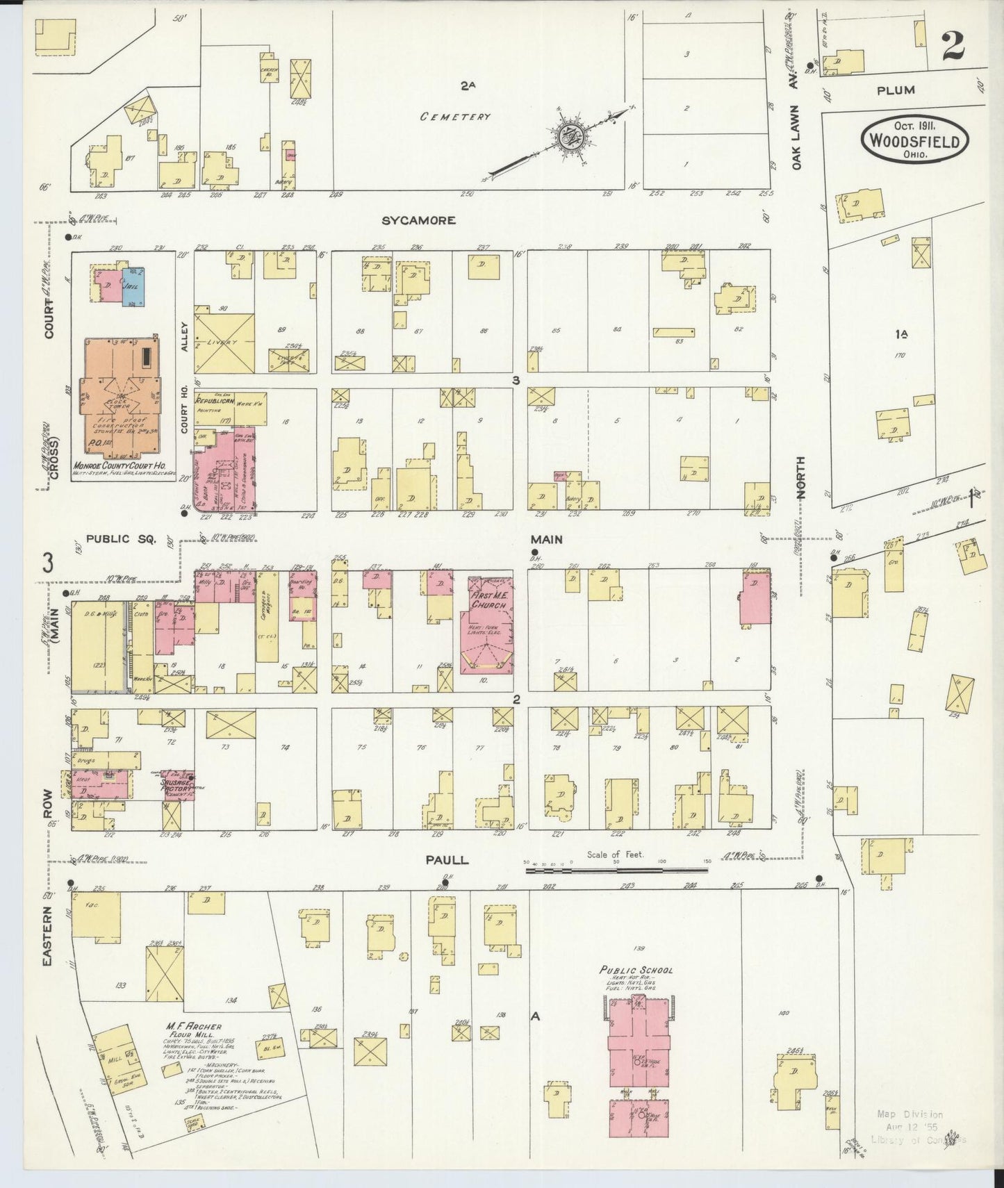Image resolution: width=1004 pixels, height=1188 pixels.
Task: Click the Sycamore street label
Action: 418,220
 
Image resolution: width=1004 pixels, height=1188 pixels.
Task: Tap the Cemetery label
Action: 455,117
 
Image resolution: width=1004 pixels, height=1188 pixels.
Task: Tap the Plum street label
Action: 896,90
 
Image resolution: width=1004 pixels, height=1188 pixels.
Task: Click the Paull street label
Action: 447,860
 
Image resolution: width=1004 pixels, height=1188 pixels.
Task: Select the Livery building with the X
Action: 223,343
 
